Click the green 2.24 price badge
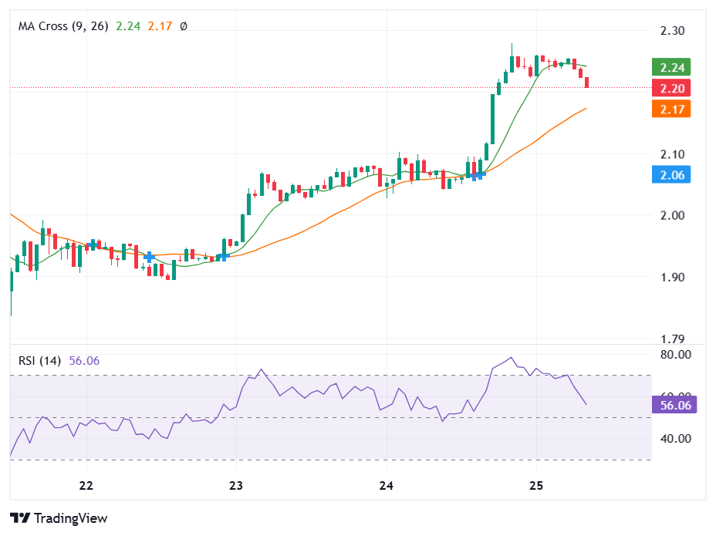point(670,67)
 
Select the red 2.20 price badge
point(670,88)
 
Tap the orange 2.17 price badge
point(670,109)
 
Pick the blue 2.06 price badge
point(670,175)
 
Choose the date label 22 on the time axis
point(86,485)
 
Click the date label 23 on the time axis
point(236,485)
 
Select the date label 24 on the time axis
point(387,485)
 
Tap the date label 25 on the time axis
point(537,485)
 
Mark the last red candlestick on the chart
point(587,83)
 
